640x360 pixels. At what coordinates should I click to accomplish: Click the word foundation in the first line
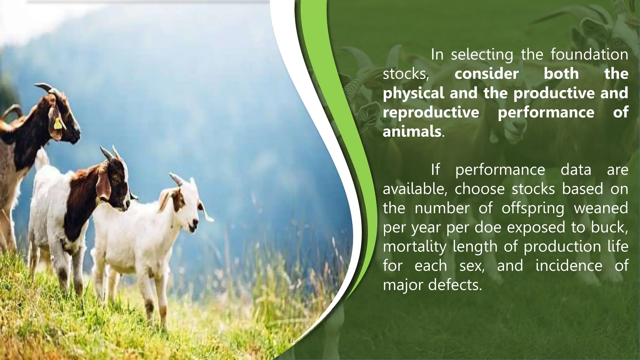point(589,54)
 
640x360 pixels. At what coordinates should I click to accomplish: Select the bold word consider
point(487,74)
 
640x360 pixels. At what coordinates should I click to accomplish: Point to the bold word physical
point(413,93)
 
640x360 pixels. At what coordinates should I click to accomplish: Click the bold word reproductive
point(431,112)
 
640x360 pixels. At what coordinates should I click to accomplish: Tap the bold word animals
point(412,131)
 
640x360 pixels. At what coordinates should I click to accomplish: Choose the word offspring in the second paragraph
point(533,208)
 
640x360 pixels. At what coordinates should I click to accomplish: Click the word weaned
point(601,208)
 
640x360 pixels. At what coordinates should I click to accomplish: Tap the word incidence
point(569,266)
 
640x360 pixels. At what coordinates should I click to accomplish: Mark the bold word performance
point(546,112)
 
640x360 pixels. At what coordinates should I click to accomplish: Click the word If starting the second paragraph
point(435,170)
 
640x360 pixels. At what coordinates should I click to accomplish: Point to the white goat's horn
point(176,179)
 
